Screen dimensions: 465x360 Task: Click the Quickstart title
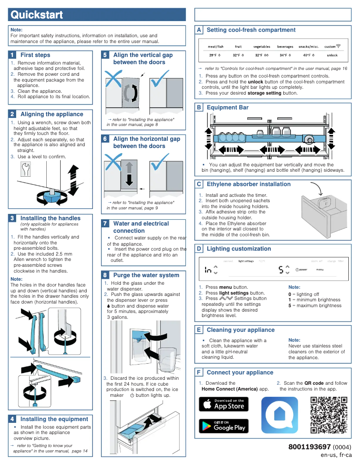[37, 15]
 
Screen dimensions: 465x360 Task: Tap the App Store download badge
[224, 404]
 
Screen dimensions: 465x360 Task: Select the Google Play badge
[224, 426]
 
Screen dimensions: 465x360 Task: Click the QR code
[329, 415]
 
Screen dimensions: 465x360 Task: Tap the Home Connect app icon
[280, 415]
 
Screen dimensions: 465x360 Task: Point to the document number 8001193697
[309, 447]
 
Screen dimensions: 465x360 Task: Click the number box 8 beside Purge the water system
[105, 275]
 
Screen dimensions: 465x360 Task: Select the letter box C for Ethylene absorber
[199, 184]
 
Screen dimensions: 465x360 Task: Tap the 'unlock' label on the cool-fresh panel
[332, 55]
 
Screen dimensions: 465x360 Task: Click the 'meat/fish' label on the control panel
[215, 47]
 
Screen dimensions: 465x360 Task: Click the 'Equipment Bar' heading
[227, 108]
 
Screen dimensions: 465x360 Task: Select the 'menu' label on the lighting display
[320, 269]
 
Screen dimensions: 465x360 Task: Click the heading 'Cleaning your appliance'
[240, 330]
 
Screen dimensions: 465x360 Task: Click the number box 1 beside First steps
[13, 55]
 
